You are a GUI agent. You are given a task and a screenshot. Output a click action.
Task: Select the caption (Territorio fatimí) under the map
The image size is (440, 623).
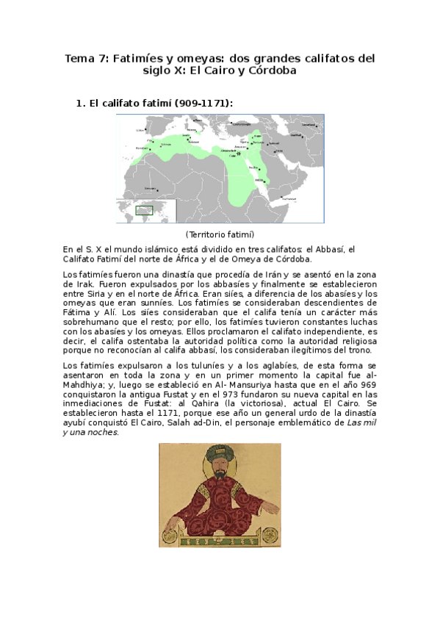click(220, 234)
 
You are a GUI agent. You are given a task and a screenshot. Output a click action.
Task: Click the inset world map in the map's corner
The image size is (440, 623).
click(146, 211)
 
